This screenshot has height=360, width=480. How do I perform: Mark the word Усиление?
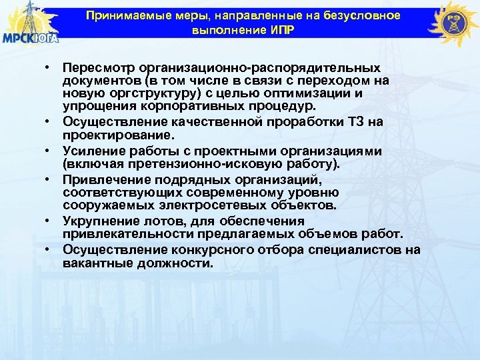coord(91,152)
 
